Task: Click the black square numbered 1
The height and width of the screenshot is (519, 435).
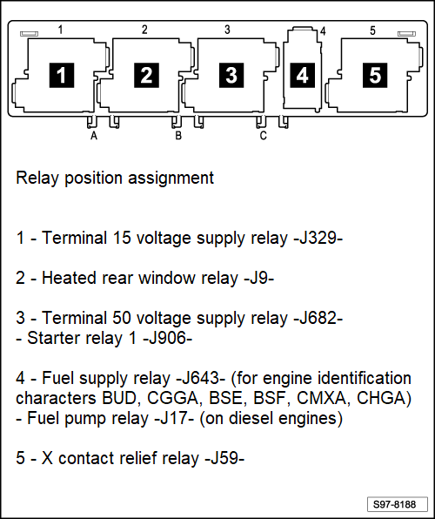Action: click(60, 76)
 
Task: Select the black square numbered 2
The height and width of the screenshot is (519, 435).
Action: click(146, 76)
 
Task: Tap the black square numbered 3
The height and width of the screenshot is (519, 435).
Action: click(231, 76)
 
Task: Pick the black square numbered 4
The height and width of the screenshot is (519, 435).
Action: click(302, 76)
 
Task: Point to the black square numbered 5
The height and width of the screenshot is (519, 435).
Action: click(375, 76)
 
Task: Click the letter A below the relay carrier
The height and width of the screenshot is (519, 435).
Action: click(93, 135)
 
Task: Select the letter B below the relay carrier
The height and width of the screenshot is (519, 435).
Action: click(177, 135)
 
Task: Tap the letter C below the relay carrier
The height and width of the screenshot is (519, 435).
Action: click(263, 135)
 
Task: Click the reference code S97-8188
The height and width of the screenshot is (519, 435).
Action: click(394, 504)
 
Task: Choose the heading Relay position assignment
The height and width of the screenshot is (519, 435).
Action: click(115, 179)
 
